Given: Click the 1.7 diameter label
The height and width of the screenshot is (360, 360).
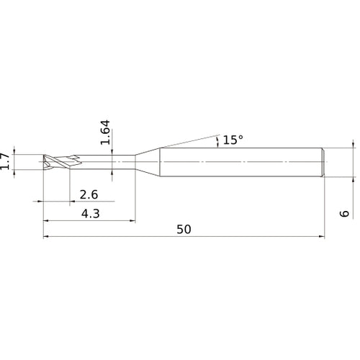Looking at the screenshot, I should pyautogui.click(x=6, y=162).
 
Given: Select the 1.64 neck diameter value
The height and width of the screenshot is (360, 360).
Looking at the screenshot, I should pyautogui.click(x=105, y=133).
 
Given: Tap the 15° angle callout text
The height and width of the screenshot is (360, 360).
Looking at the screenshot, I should pyautogui.click(x=233, y=140).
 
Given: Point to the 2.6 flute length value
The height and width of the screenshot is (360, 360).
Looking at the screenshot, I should pyautogui.click(x=89, y=194).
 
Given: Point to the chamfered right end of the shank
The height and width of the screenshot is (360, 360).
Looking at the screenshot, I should pyautogui.click(x=324, y=163).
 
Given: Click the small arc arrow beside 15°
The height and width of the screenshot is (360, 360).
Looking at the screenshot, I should pyautogui.click(x=217, y=142).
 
